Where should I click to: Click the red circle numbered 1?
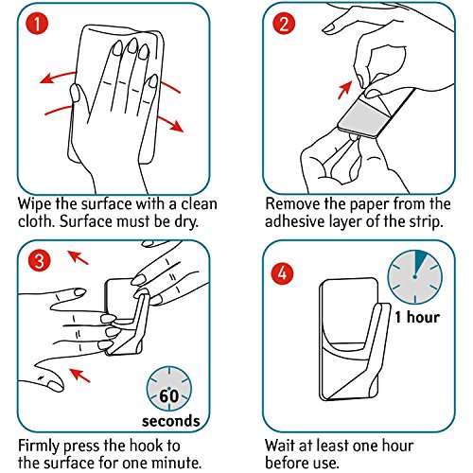[37, 24]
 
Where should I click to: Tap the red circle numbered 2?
[284, 24]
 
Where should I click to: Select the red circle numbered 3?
[39, 261]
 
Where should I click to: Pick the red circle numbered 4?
[282, 273]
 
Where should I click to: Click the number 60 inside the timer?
[169, 396]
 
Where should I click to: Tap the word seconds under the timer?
[171, 421]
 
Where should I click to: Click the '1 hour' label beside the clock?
[417, 317]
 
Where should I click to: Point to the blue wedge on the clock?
[420, 262]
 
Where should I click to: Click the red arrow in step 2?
[344, 90]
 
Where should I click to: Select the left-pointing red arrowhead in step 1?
[46, 79]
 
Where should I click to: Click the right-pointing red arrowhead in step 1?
[177, 126]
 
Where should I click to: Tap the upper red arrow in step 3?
[79, 257]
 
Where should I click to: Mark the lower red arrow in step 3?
[79, 376]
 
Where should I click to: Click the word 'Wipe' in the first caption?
[34, 204]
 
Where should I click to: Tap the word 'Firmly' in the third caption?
[38, 447]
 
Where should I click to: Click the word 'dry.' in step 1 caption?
[186, 222]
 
